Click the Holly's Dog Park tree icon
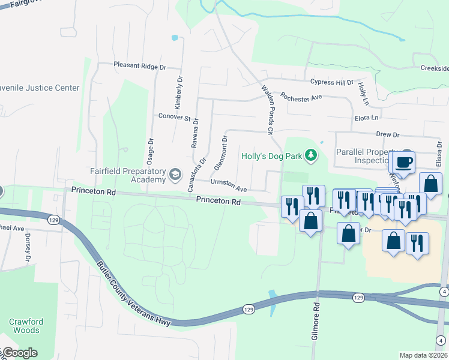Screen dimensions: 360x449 [310, 156]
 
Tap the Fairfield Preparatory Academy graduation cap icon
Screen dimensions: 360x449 [175, 175]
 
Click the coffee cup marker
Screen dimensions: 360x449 [405, 161]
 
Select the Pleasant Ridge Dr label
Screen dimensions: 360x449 [140, 67]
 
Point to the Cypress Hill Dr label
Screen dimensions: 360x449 [332, 82]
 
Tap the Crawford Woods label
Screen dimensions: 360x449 [25, 326]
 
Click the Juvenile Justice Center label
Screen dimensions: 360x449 [40, 88]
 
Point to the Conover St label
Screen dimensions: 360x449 [174, 117]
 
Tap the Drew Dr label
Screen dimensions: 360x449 [387, 135]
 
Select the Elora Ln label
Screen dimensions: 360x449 [367, 118]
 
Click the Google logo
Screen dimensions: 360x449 [19, 353]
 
